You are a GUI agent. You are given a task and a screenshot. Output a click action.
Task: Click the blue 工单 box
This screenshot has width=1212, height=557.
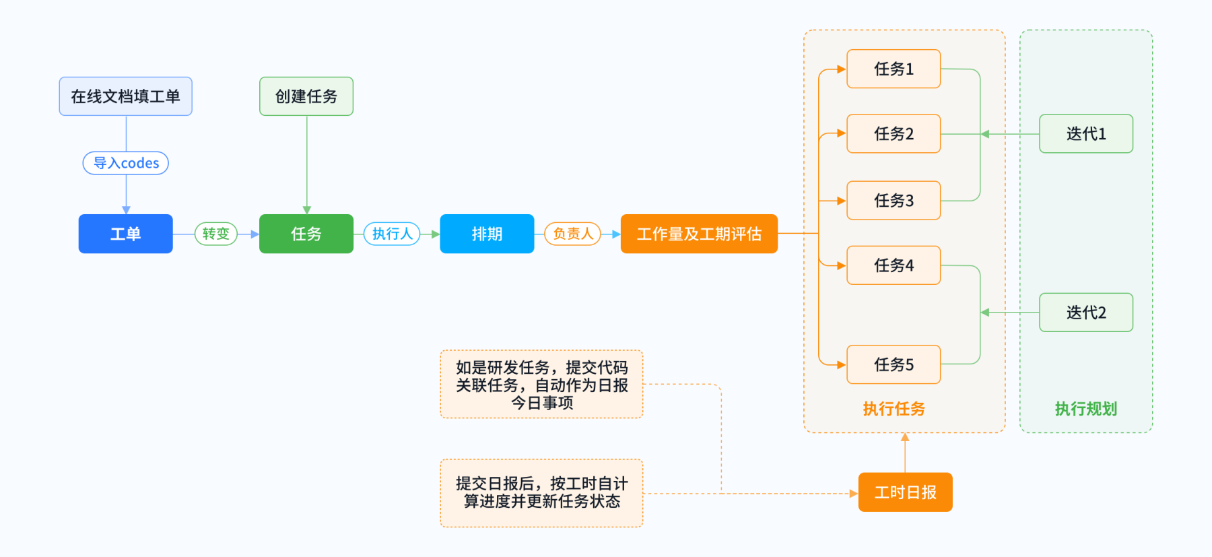[125, 234]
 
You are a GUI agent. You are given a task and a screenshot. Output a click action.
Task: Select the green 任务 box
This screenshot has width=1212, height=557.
[306, 234]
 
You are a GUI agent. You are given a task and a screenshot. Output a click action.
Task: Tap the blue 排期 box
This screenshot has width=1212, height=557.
[487, 234]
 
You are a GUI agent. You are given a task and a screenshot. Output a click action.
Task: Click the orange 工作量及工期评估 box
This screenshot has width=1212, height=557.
[699, 234]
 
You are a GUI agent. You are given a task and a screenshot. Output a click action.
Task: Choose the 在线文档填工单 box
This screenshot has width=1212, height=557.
[125, 96]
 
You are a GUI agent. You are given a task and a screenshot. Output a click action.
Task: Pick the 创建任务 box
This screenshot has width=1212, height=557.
[306, 96]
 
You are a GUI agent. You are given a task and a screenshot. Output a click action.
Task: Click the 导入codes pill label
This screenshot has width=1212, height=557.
[126, 163]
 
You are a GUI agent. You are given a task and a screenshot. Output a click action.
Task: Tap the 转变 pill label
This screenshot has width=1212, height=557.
[216, 234]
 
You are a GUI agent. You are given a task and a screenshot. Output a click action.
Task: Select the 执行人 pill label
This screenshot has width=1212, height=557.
[392, 234]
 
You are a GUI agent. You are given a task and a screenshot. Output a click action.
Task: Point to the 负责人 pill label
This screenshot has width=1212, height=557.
[573, 234]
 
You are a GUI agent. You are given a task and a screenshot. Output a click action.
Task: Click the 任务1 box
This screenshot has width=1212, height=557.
[894, 69]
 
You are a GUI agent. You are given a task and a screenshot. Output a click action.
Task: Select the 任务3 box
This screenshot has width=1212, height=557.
[894, 201]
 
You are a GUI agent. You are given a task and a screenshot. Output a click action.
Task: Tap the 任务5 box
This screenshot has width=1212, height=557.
[894, 364]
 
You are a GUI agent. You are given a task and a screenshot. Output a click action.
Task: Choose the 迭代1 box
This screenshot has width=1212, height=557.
[1086, 134]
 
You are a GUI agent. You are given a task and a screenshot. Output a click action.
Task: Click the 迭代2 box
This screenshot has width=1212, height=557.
[1086, 313]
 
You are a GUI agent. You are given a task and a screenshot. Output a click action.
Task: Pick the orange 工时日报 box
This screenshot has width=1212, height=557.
[906, 492]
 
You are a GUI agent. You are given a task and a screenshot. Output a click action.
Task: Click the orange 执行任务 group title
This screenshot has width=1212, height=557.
[894, 409]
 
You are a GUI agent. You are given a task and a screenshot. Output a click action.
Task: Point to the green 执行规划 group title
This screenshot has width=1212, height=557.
[1086, 409]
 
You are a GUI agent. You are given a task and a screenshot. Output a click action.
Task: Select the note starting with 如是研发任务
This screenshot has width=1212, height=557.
[541, 385]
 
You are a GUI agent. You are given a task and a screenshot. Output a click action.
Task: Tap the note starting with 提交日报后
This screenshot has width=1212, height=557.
[541, 493]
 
